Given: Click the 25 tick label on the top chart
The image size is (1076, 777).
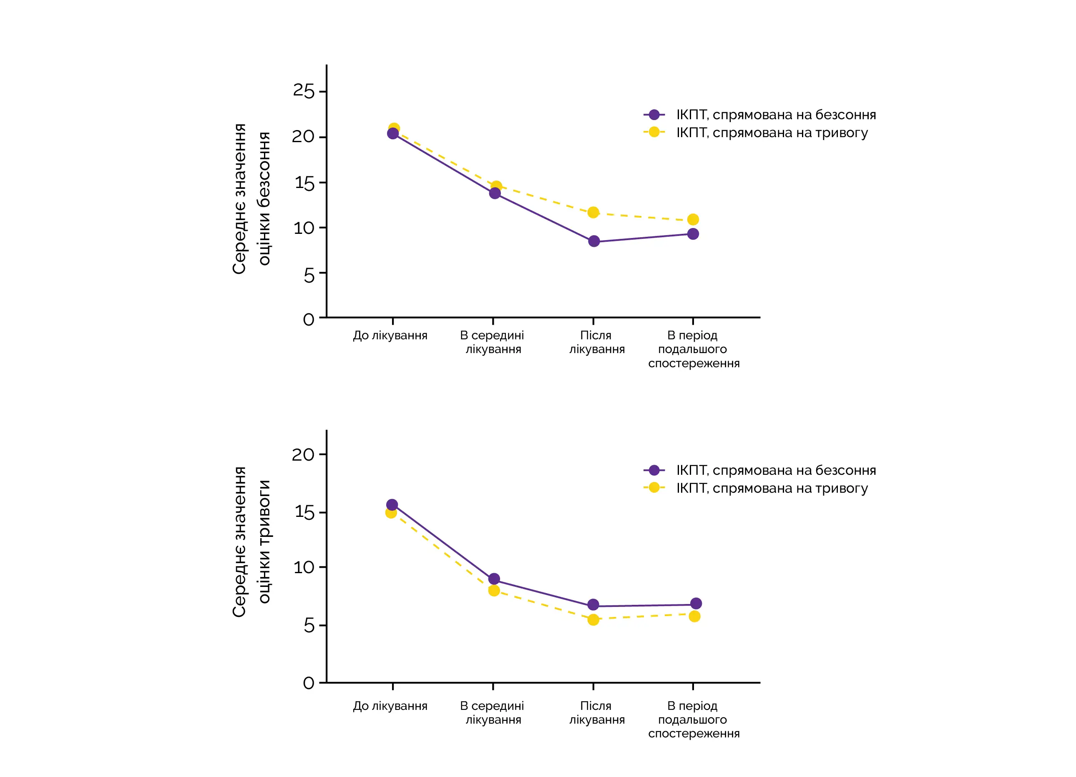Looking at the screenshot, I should pos(304,90).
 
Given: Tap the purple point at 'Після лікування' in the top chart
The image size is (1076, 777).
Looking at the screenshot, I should pos(594,241).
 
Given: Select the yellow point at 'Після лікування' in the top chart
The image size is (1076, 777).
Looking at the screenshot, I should pos(593,213).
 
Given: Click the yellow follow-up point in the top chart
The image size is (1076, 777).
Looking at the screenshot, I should pos(693,220).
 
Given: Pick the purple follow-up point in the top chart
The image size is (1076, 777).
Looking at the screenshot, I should pos(693,234).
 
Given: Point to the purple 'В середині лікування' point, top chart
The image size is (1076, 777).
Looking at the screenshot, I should pos(495,193).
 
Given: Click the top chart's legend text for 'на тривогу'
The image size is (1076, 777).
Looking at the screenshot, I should pos(772,133).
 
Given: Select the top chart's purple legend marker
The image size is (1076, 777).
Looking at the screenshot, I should pos(654,115).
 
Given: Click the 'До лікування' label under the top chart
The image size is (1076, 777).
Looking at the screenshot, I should pos(390,336).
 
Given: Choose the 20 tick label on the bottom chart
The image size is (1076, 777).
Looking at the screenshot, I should pos(303,455).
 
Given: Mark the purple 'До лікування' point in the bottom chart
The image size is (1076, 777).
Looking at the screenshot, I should pos(392,505).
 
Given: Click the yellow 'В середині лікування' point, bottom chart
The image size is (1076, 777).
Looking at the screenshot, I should pos(494,591).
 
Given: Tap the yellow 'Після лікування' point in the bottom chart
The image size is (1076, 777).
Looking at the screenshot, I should pos(593,619).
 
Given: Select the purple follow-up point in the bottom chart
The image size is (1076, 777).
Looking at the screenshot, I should pos(696,604).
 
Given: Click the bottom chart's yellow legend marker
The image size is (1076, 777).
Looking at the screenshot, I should pos(654,487).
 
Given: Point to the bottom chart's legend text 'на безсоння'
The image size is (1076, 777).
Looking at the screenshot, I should pos(776,470).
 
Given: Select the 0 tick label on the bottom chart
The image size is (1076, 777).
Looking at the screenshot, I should pos(309,683).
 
